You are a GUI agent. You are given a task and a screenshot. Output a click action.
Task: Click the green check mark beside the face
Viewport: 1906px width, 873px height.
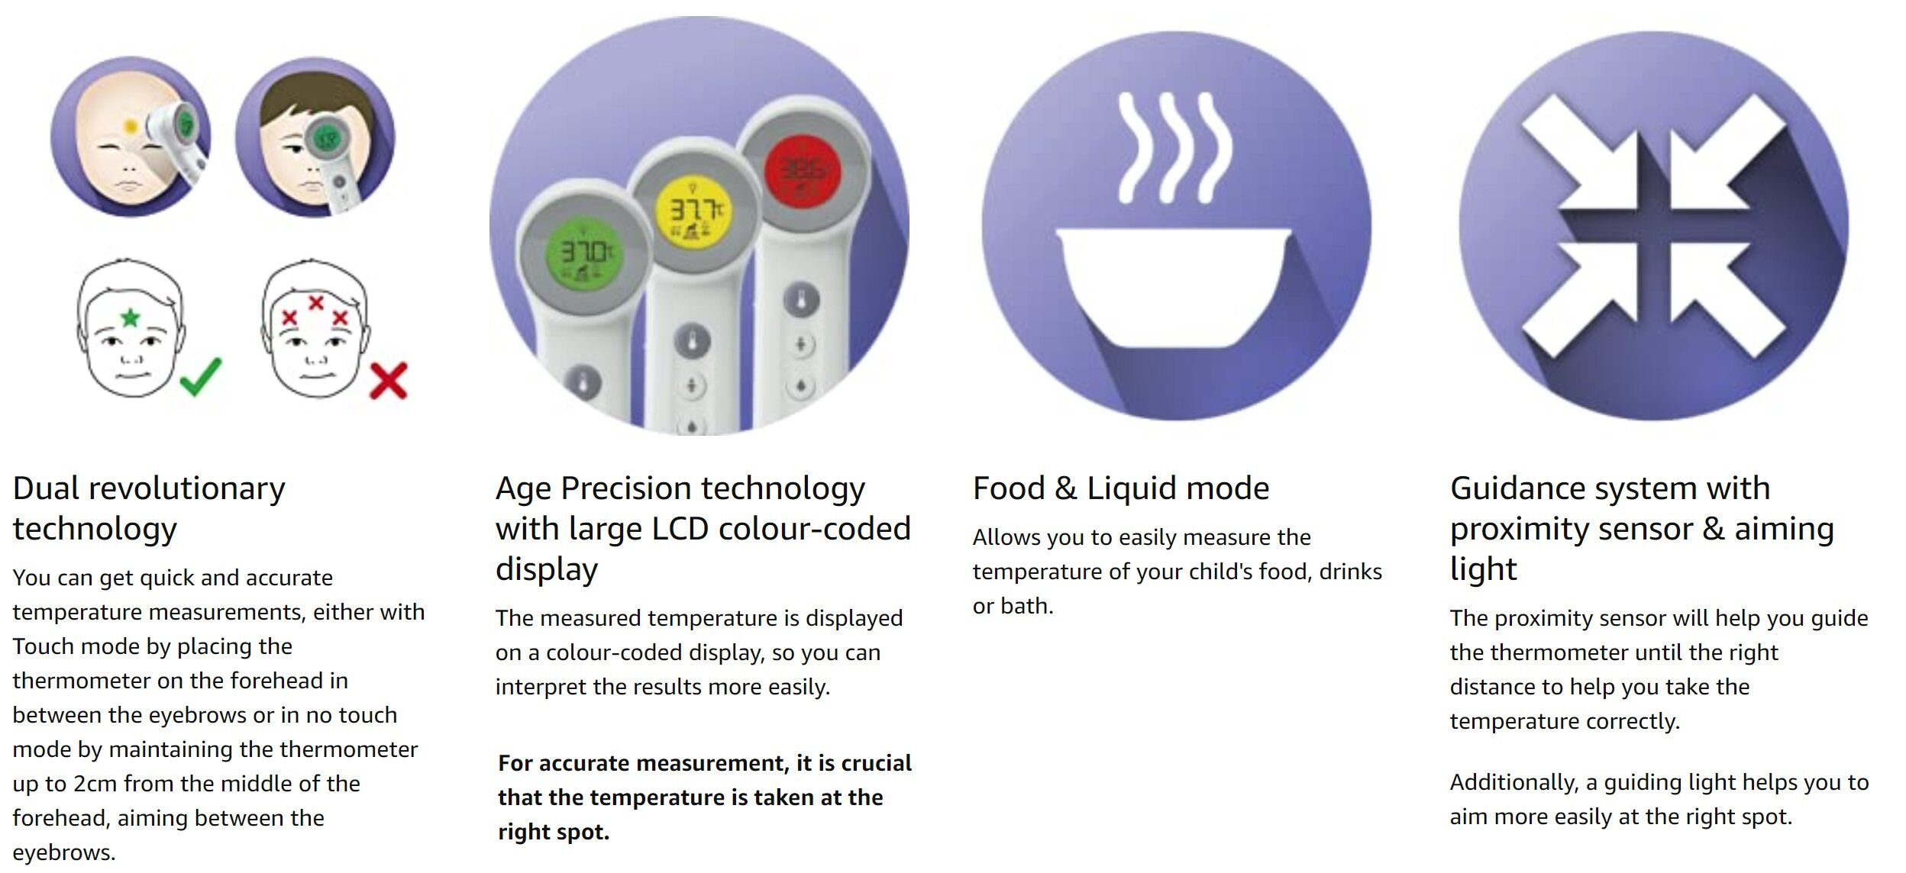coord(202,376)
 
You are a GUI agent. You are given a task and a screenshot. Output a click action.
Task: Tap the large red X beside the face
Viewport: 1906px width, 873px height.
coord(389,380)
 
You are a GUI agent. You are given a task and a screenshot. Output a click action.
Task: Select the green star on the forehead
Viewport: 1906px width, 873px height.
coord(131,316)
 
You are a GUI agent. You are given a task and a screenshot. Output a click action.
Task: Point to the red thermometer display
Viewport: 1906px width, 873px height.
coord(803,172)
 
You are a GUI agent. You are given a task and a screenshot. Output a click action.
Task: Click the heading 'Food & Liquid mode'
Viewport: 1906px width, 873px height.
coord(1120,488)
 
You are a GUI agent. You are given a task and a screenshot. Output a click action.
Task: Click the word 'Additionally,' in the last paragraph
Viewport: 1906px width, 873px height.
coord(1514,783)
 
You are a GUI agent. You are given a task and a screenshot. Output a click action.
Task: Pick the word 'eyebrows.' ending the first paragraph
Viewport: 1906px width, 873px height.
coord(64,853)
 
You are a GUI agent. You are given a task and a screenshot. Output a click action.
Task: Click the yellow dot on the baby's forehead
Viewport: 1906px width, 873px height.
coord(131,126)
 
